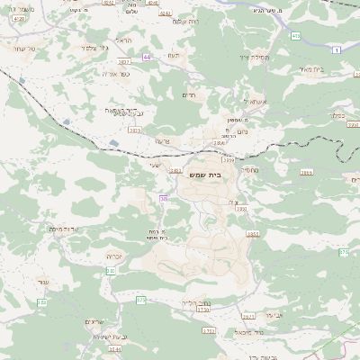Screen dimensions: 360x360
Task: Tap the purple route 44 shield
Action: pos(146,56)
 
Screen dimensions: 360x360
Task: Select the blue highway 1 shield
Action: pos(336,51)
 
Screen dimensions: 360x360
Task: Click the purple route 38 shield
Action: pos(163,198)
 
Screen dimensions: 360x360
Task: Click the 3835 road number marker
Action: pos(135,130)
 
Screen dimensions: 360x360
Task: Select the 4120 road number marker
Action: pos(19,18)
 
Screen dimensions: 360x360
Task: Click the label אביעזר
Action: pos(248,315)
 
